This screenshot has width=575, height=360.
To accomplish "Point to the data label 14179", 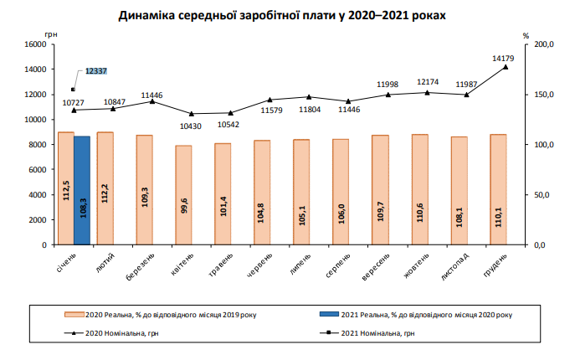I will pyautogui.click(x=503, y=59).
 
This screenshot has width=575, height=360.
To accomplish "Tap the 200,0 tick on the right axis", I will pyautogui.click(x=543, y=44).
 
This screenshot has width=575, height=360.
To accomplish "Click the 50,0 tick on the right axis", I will pyautogui.click(x=543, y=195).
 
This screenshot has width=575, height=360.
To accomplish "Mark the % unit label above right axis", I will pyautogui.click(x=526, y=36).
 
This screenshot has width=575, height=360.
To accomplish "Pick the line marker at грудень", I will pyautogui.click(x=506, y=67).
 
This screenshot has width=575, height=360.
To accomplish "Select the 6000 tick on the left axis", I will pyautogui.click(x=34, y=170).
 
